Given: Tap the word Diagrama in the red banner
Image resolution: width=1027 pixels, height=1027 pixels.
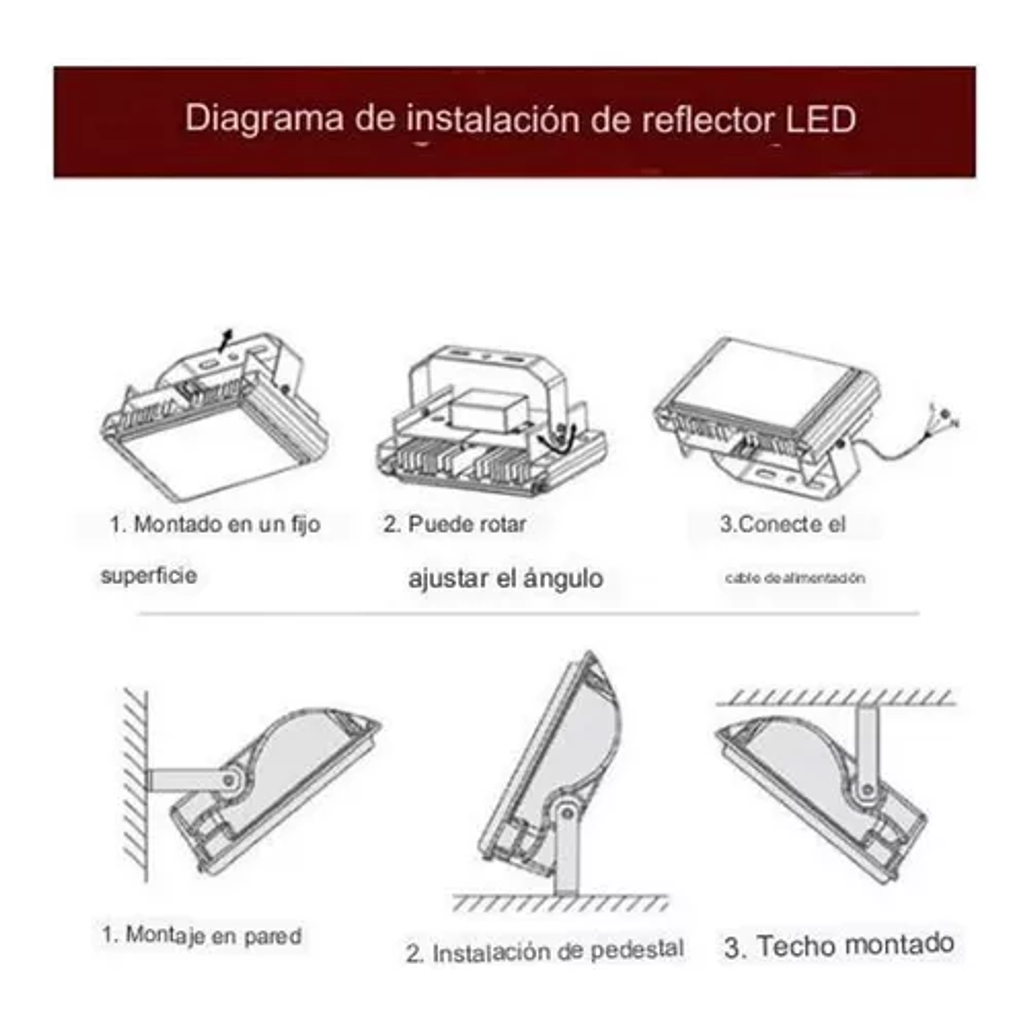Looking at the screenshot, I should click(264, 118).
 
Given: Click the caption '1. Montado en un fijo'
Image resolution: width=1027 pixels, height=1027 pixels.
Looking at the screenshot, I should click(215, 524).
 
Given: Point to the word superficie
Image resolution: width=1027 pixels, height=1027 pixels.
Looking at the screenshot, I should click(149, 576).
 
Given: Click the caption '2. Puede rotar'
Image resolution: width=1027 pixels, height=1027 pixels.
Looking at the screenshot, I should click(455, 524).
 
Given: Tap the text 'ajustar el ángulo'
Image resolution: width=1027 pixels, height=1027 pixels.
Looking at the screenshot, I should click(506, 578).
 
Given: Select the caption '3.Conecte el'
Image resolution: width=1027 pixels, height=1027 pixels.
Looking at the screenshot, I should click(783, 524).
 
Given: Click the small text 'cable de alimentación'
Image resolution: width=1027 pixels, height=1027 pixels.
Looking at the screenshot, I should click(795, 578).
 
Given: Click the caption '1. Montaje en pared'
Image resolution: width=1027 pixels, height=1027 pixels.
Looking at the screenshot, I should click(202, 935).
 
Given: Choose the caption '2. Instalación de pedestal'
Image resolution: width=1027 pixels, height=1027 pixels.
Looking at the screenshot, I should click(545, 952).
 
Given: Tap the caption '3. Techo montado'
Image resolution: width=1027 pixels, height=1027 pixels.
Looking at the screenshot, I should click(839, 946).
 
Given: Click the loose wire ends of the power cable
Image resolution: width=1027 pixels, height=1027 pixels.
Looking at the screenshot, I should click(946, 416).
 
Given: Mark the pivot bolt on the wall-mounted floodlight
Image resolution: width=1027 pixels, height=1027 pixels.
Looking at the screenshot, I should click(228, 780).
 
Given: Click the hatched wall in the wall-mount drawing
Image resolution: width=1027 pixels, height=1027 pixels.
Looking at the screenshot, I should click(135, 786).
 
